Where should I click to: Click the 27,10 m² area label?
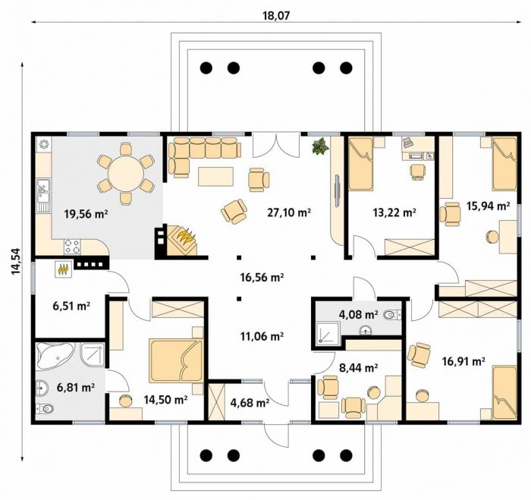point(289,212)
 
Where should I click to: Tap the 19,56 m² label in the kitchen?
point(86,214)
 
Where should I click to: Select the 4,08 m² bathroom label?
point(358,315)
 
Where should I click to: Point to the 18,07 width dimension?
point(276,16)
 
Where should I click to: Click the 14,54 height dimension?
point(16,261)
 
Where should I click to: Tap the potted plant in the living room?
point(320,146)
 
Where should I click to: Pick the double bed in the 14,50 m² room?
point(176,360)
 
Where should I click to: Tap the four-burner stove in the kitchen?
point(73,247)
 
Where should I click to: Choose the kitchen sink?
point(43,196)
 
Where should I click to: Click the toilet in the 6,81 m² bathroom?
point(44,409)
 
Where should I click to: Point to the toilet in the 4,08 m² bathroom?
point(392,316)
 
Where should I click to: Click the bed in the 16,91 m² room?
point(504,392)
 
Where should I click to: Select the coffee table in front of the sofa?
point(215,177)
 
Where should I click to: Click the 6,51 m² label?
point(71,306)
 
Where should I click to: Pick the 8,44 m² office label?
point(358,367)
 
